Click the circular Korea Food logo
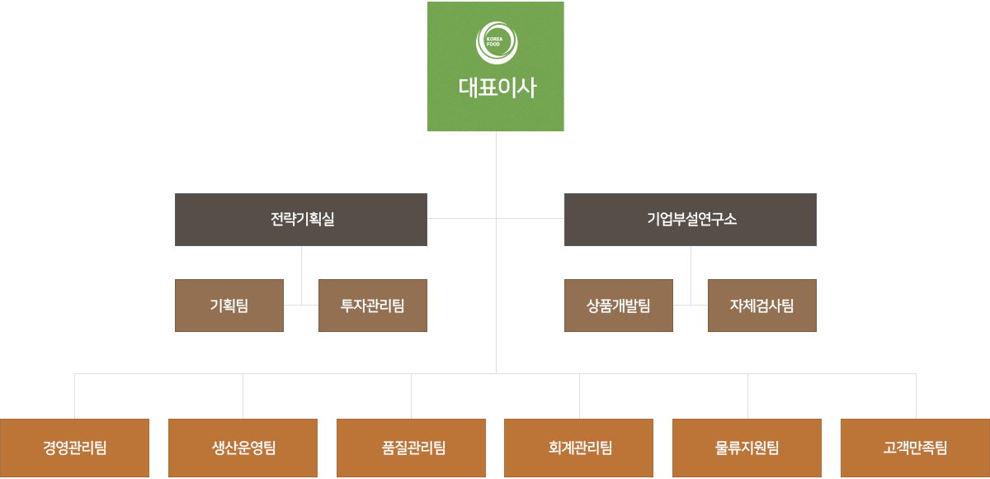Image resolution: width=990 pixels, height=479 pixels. click(x=497, y=42)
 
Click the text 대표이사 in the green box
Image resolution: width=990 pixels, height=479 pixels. click(x=497, y=88)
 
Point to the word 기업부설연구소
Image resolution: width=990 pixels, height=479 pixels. click(x=691, y=220)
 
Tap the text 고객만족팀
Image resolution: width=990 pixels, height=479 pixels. click(x=916, y=448)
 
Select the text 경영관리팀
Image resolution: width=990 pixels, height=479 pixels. click(x=75, y=448)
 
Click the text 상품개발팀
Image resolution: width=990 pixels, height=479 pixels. click(x=619, y=306)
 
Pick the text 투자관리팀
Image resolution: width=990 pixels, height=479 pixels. click(x=373, y=306)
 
